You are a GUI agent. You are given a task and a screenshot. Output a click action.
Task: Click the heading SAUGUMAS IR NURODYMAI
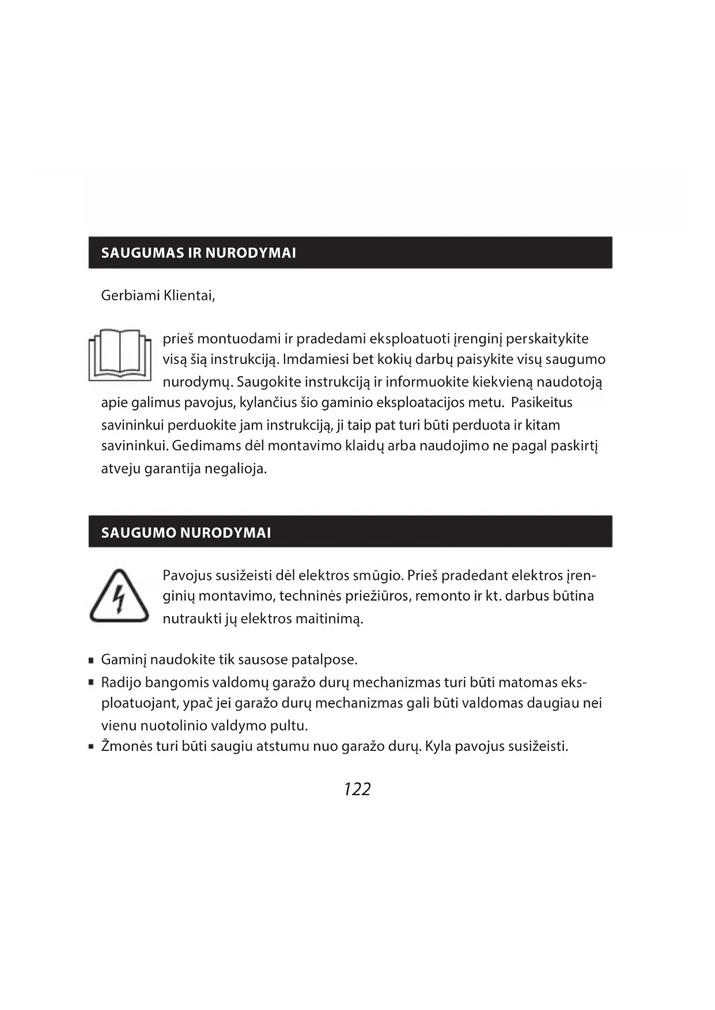(x=198, y=253)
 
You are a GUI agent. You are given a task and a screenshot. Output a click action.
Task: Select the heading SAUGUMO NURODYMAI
(x=186, y=533)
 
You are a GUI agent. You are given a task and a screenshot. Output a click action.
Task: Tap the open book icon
(x=120, y=355)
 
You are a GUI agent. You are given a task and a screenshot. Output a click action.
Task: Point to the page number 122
(x=357, y=789)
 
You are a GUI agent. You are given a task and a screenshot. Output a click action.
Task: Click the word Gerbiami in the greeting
(x=130, y=296)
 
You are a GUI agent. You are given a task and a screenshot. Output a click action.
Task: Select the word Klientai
(x=189, y=296)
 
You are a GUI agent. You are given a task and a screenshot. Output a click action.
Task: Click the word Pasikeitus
(x=541, y=403)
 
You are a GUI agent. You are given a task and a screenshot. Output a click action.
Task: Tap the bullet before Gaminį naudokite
(x=92, y=661)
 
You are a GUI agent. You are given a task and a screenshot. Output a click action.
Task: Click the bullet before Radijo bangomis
(x=92, y=683)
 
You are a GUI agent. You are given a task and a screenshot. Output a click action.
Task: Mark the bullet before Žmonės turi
(x=92, y=747)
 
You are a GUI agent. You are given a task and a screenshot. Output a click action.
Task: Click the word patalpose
(x=324, y=660)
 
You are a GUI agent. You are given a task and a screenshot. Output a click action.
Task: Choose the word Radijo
(x=120, y=683)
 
